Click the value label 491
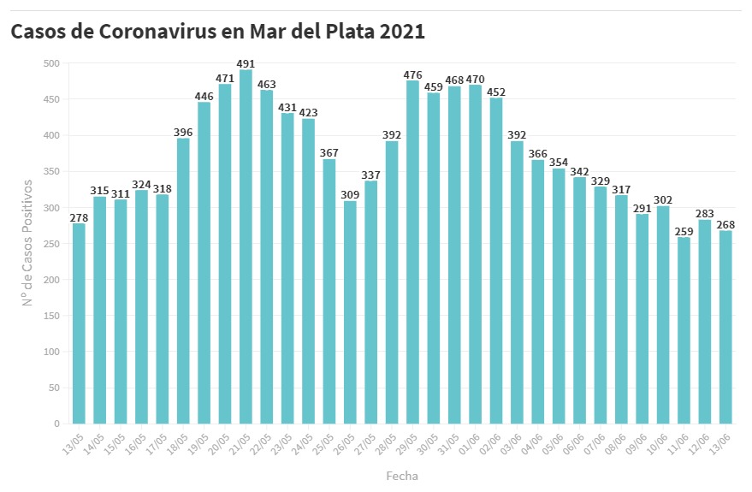tap(246, 64)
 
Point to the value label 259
tap(684, 231)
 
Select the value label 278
tap(80, 217)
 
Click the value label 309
tap(351, 195)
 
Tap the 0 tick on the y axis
tap(56, 424)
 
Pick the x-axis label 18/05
tap(177, 442)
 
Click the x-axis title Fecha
tap(402, 476)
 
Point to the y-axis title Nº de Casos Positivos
tap(27, 243)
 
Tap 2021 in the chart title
tap(402, 32)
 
